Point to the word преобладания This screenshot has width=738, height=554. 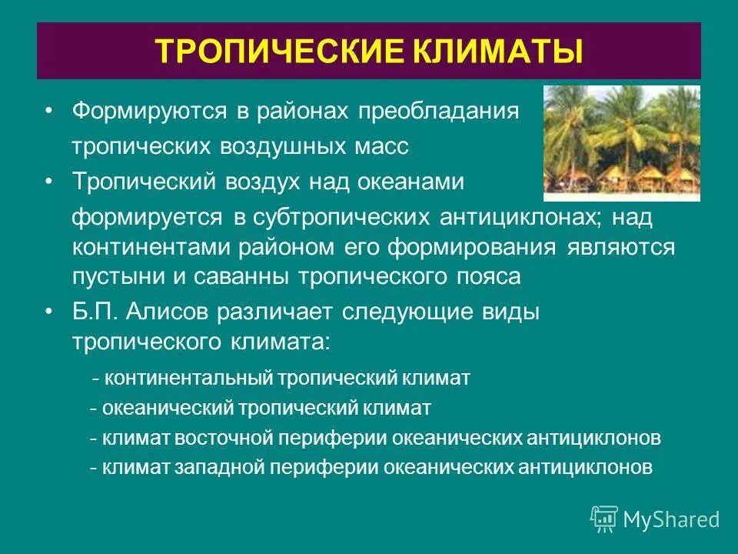(437, 112)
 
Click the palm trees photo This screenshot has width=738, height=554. (622, 142)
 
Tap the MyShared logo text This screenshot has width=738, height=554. (671, 519)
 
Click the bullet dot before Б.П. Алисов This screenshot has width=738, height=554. (50, 312)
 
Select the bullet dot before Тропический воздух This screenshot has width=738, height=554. (50, 182)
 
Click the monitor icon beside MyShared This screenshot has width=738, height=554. (604, 519)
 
